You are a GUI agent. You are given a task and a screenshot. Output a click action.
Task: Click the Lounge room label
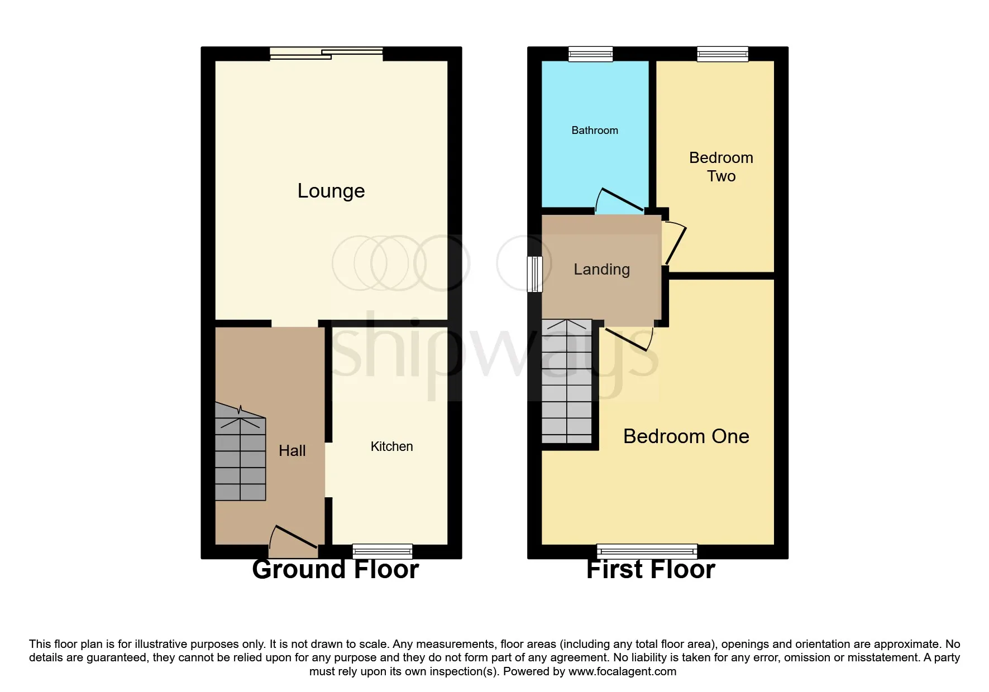(x=331, y=191)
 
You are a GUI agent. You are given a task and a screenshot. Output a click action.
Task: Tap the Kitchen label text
(x=392, y=446)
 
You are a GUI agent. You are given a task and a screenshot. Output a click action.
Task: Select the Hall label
(x=292, y=450)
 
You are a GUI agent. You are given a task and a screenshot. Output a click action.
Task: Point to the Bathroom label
(x=595, y=131)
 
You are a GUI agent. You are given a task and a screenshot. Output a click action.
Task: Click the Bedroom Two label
(x=721, y=166)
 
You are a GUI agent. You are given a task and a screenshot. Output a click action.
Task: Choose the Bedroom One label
(x=686, y=436)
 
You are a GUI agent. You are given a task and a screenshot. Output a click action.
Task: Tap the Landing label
(x=602, y=270)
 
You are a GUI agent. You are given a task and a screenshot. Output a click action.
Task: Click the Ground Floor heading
(x=336, y=570)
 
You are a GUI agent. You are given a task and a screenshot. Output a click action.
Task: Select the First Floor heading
(x=651, y=570)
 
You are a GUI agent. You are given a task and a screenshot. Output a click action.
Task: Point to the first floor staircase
(x=567, y=381)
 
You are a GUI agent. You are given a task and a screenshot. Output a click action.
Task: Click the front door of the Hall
(x=294, y=540)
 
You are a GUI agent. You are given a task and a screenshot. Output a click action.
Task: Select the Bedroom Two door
(x=675, y=243)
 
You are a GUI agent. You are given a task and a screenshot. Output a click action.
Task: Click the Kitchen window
(x=383, y=551)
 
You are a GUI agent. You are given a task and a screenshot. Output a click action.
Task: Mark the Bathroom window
(x=591, y=54)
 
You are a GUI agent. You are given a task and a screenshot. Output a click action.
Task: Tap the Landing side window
(x=535, y=274)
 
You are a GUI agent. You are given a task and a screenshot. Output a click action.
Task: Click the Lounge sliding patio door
(x=327, y=54)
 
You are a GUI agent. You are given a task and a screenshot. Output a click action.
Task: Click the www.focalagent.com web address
(x=622, y=671)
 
